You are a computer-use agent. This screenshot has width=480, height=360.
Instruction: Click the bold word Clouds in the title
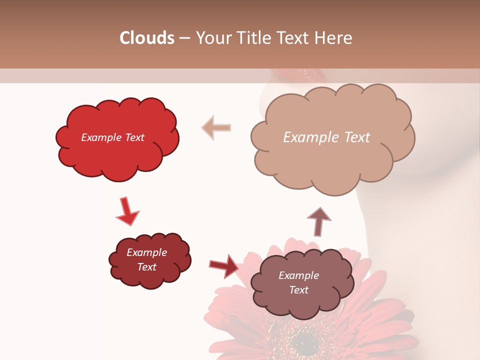tap(147, 38)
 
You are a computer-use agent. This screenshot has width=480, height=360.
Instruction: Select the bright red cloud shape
tap(117, 150)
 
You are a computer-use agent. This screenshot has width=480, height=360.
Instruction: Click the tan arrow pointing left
tap(216, 127)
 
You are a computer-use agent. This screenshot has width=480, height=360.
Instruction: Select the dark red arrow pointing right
tap(224, 266)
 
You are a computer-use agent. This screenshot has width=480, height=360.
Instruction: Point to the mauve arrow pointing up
tap(319, 221)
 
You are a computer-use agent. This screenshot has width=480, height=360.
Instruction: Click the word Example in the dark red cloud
tap(147, 252)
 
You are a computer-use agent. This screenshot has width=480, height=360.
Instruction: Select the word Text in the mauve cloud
tap(298, 290)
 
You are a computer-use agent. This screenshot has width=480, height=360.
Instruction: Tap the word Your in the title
tap(211, 38)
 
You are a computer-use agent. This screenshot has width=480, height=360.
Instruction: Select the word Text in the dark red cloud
tap(147, 267)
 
